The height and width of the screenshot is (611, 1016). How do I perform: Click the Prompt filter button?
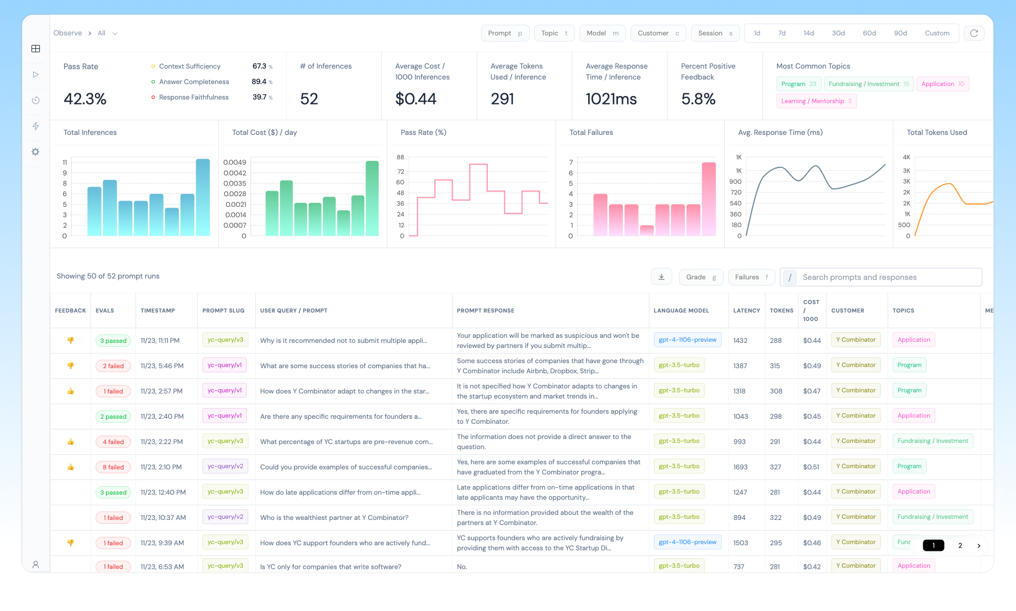tap(504, 33)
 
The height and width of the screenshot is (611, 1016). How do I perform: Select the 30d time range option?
tap(838, 33)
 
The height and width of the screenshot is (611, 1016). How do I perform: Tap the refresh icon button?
tap(974, 33)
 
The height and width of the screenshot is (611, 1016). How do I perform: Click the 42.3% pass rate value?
tap(85, 99)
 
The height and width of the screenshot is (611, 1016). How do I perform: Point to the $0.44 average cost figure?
tap(416, 99)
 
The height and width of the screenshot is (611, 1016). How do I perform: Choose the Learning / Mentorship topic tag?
tap(816, 101)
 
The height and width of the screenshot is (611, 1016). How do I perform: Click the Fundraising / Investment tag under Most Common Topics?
tap(868, 84)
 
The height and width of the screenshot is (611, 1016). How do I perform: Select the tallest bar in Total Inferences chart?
tap(203, 197)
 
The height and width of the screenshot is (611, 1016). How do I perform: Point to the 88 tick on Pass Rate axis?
tap(400, 157)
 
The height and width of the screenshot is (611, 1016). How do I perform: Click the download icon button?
tap(661, 277)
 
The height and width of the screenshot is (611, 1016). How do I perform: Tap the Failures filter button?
tap(751, 277)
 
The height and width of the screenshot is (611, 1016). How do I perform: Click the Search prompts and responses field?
tap(888, 277)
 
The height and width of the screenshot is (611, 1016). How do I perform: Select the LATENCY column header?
tap(746, 310)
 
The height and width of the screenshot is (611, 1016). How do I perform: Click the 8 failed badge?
tap(113, 467)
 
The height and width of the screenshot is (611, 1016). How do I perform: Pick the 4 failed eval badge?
tap(113, 442)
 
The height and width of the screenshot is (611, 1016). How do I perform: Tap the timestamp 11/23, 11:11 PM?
tap(160, 341)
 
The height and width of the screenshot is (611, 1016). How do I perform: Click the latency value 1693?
tap(740, 467)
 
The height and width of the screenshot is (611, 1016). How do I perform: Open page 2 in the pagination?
tap(960, 545)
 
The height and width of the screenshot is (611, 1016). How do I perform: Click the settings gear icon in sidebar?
tap(35, 152)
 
